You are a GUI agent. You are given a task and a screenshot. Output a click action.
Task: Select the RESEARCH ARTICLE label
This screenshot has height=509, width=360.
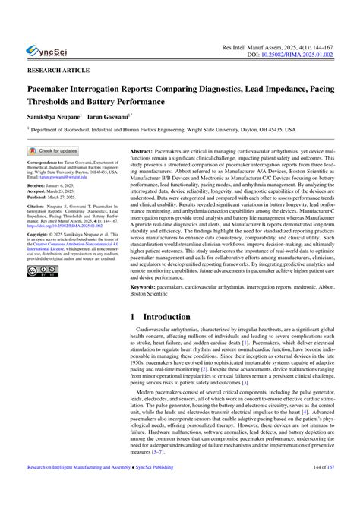point(57,69)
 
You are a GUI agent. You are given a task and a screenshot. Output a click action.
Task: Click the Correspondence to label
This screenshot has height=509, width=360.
point(51,163)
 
